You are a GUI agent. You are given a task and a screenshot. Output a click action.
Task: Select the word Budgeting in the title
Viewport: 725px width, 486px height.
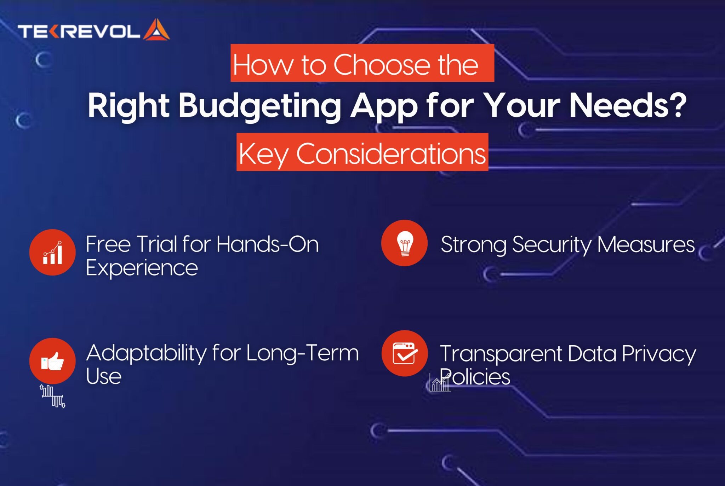coord(260,106)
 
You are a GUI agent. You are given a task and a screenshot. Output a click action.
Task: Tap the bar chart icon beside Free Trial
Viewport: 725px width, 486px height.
coord(52,253)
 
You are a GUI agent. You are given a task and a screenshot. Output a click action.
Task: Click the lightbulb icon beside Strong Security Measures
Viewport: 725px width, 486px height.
coord(405,243)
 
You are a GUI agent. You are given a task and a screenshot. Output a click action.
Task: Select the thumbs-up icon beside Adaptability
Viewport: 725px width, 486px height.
coord(52,361)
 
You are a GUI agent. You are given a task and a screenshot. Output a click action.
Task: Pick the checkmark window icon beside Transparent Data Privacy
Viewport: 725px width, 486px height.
coord(405,353)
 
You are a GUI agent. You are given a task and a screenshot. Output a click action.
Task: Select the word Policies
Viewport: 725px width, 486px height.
coord(475,377)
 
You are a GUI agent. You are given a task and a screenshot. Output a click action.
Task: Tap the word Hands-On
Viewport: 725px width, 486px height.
coord(268,244)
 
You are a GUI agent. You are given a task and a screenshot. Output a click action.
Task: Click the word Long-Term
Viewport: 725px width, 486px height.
coord(302,353)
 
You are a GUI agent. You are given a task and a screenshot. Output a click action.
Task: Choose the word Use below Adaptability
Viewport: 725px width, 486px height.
coord(104,376)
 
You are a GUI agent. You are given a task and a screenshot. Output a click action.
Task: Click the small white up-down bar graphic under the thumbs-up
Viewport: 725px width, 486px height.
coord(53,396)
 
